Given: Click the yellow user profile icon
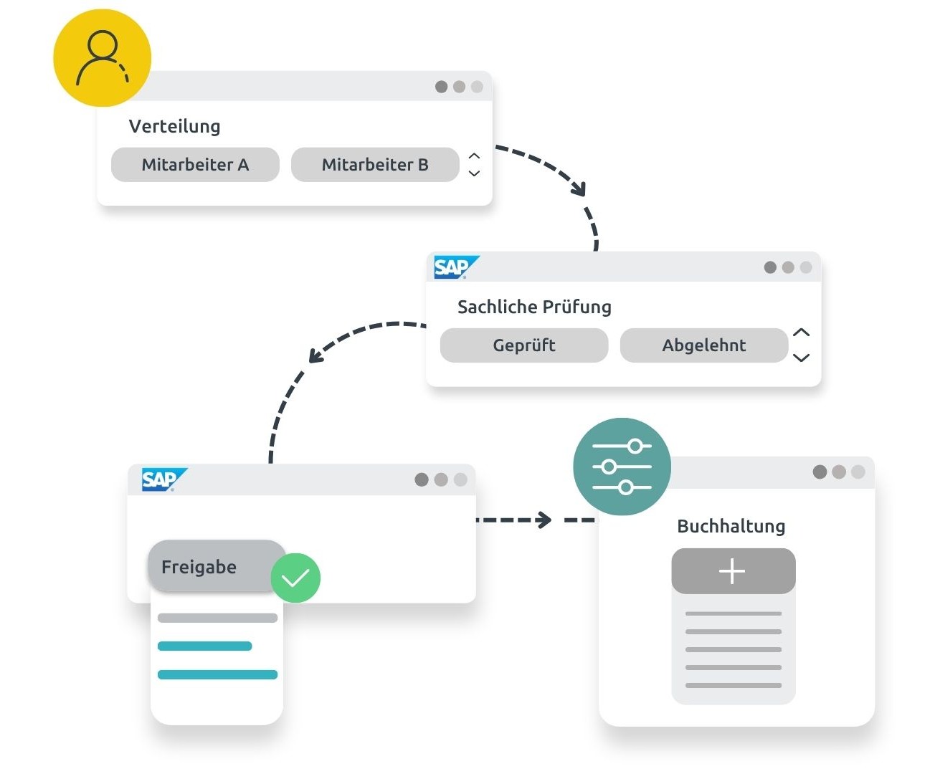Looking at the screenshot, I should tap(103, 58).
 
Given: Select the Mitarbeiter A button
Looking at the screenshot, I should tap(195, 165).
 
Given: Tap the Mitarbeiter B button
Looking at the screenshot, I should tap(375, 165).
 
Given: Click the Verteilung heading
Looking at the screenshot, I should tap(174, 126).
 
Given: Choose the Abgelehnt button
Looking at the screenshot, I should tap(703, 345).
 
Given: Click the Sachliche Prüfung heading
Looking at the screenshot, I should tap(534, 307).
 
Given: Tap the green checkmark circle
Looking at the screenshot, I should tap(295, 578).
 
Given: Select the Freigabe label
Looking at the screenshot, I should tap(199, 567).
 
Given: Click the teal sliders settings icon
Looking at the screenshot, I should tap(622, 467).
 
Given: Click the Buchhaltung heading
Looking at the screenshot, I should tap(731, 526).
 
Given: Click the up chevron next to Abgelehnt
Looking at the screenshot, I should tap(802, 333).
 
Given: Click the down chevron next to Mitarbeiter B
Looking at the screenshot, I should tap(474, 173).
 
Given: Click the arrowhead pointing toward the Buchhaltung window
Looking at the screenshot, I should tap(545, 520).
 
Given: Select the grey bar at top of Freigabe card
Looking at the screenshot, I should tap(217, 618).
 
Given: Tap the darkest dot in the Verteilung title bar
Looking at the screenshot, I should tap(441, 87).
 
